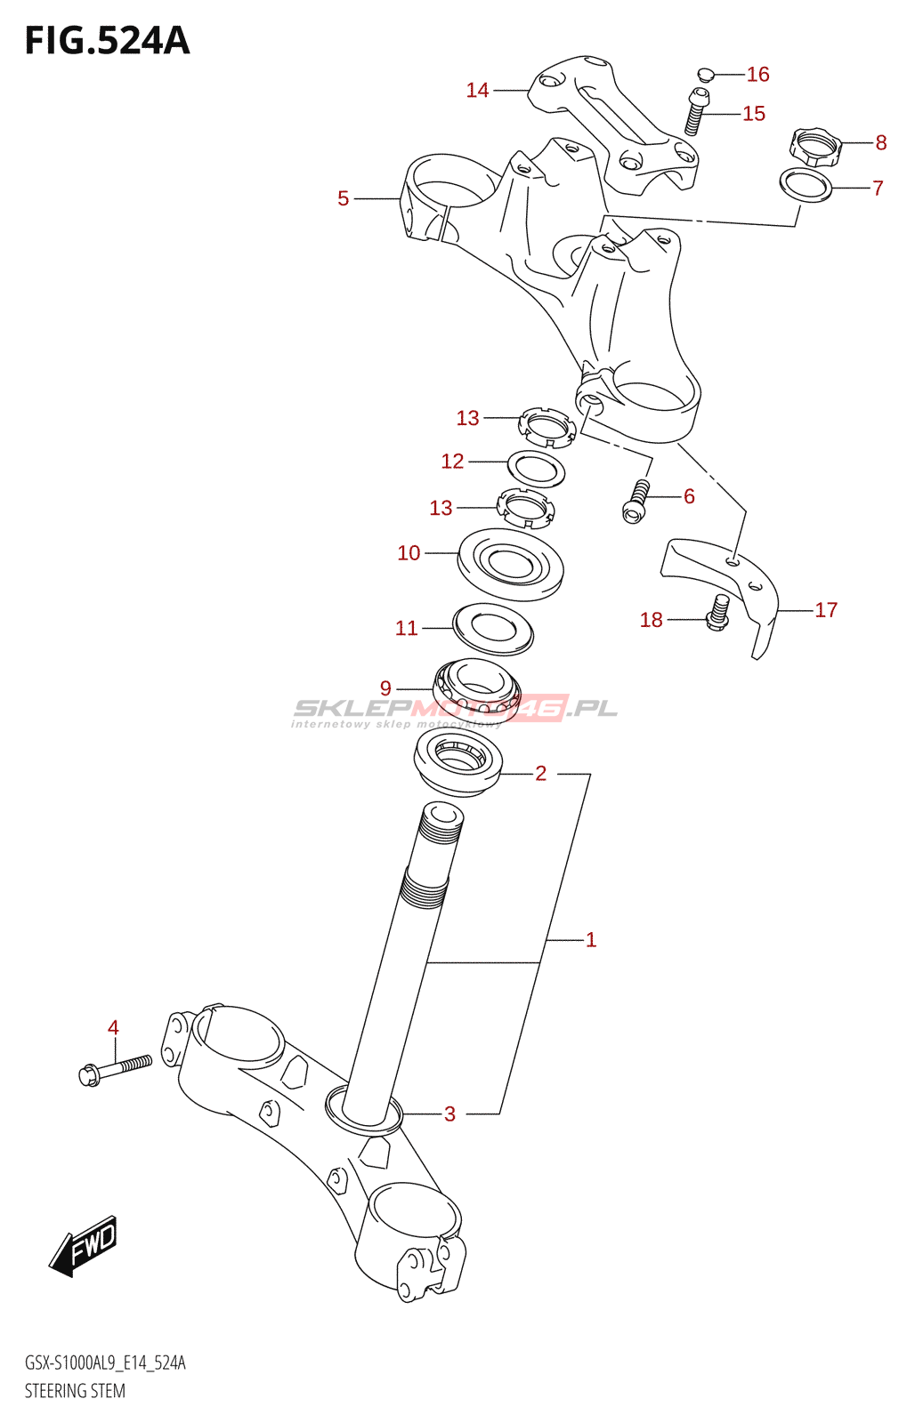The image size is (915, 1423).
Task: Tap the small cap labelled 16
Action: pyautogui.click(x=704, y=74)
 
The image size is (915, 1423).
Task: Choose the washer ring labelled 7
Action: pyautogui.click(x=806, y=184)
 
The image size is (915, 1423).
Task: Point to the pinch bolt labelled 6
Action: pyautogui.click(x=636, y=501)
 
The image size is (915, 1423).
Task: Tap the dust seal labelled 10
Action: pyautogui.click(x=510, y=563)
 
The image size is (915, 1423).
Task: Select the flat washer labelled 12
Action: pyautogui.click(x=536, y=468)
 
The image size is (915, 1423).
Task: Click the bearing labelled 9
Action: pyautogui.click(x=475, y=686)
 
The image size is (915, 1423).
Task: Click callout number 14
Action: pyautogui.click(x=477, y=90)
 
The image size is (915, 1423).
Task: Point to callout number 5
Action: pyautogui.click(x=343, y=198)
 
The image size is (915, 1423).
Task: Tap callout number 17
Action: pyautogui.click(x=826, y=610)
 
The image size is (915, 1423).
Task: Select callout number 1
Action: pyautogui.click(x=591, y=939)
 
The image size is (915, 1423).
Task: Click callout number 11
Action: pyautogui.click(x=406, y=628)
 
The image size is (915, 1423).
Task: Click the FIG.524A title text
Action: pyautogui.click(x=108, y=41)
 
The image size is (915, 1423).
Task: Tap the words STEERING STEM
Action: pyautogui.click(x=75, y=1391)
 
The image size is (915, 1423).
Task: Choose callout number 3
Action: pyautogui.click(x=449, y=1113)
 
